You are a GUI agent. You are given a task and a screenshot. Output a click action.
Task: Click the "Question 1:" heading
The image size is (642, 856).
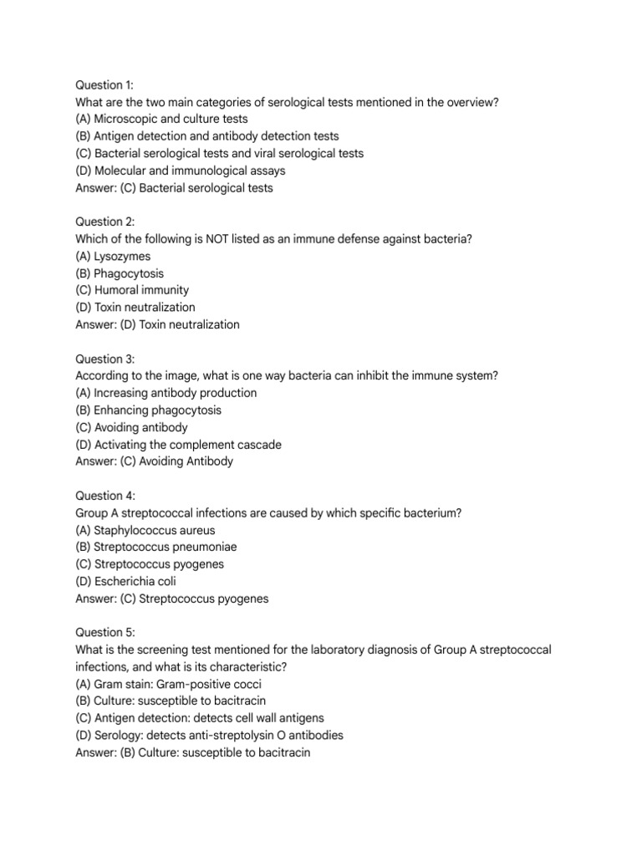tap(104, 85)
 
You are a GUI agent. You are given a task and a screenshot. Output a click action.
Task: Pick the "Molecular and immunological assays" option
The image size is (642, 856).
tap(180, 171)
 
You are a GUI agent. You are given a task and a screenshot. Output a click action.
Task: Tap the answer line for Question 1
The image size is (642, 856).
tap(174, 188)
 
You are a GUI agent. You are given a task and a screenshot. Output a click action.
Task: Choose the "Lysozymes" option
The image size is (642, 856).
tap(113, 257)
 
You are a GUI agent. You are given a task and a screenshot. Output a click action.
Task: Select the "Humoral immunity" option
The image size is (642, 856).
tap(132, 290)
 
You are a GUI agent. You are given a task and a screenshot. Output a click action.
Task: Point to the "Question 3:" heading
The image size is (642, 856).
tap(104, 359)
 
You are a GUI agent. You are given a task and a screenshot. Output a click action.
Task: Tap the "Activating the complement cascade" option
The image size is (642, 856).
tap(178, 445)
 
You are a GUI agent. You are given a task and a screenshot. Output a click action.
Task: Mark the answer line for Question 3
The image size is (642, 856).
tap(154, 461)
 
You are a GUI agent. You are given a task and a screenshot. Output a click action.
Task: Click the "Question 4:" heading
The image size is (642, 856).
tap(104, 496)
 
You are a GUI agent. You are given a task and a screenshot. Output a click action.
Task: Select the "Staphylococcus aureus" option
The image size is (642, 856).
tap(145, 530)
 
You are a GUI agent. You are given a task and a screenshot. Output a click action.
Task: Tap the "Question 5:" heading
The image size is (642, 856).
tap(104, 633)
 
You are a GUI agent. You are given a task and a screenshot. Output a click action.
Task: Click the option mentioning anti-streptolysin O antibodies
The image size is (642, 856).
tap(209, 736)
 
